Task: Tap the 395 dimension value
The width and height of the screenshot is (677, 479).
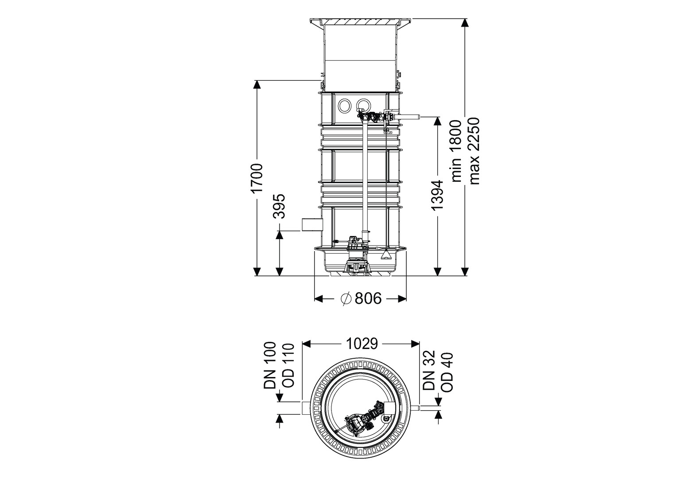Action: (x=279, y=206)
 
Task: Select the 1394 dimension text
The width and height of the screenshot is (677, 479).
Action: (x=437, y=195)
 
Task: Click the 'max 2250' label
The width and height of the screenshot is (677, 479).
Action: (x=474, y=151)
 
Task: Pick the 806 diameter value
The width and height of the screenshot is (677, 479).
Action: (x=368, y=298)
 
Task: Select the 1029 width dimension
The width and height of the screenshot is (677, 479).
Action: (x=362, y=344)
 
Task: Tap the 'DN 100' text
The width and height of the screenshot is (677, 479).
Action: (x=270, y=365)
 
